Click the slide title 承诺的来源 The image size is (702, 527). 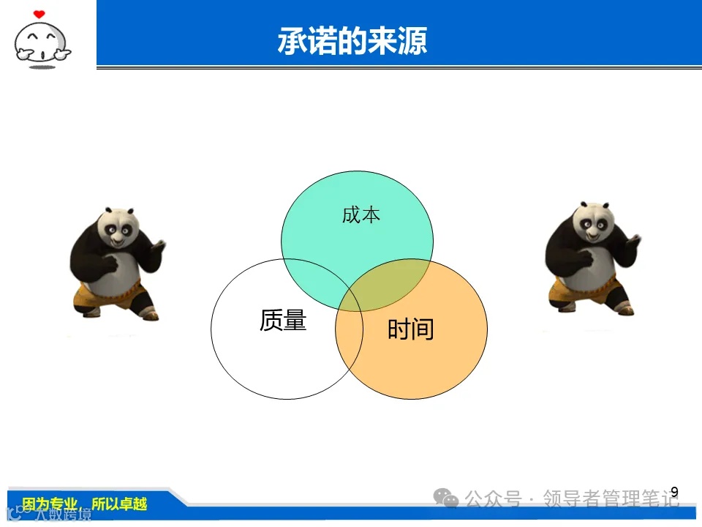(352, 42)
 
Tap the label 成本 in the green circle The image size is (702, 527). (361, 215)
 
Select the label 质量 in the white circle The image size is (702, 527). (283, 320)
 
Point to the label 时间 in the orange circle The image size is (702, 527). (410, 330)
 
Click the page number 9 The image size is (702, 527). (674, 491)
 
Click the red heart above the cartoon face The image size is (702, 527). (39, 14)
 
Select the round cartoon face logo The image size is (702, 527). (42, 44)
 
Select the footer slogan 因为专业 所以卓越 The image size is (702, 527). (85, 504)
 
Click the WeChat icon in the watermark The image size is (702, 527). (445, 498)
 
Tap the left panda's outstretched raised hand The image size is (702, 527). (158, 244)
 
